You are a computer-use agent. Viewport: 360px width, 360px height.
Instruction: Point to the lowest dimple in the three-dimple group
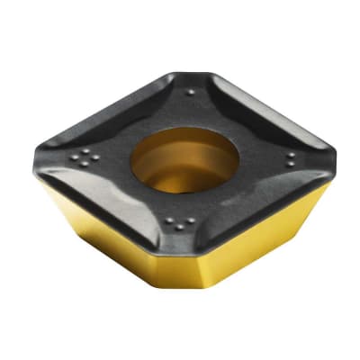[x=183, y=227]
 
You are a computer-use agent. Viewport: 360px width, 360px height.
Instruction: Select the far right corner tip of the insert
[x=337, y=153]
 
